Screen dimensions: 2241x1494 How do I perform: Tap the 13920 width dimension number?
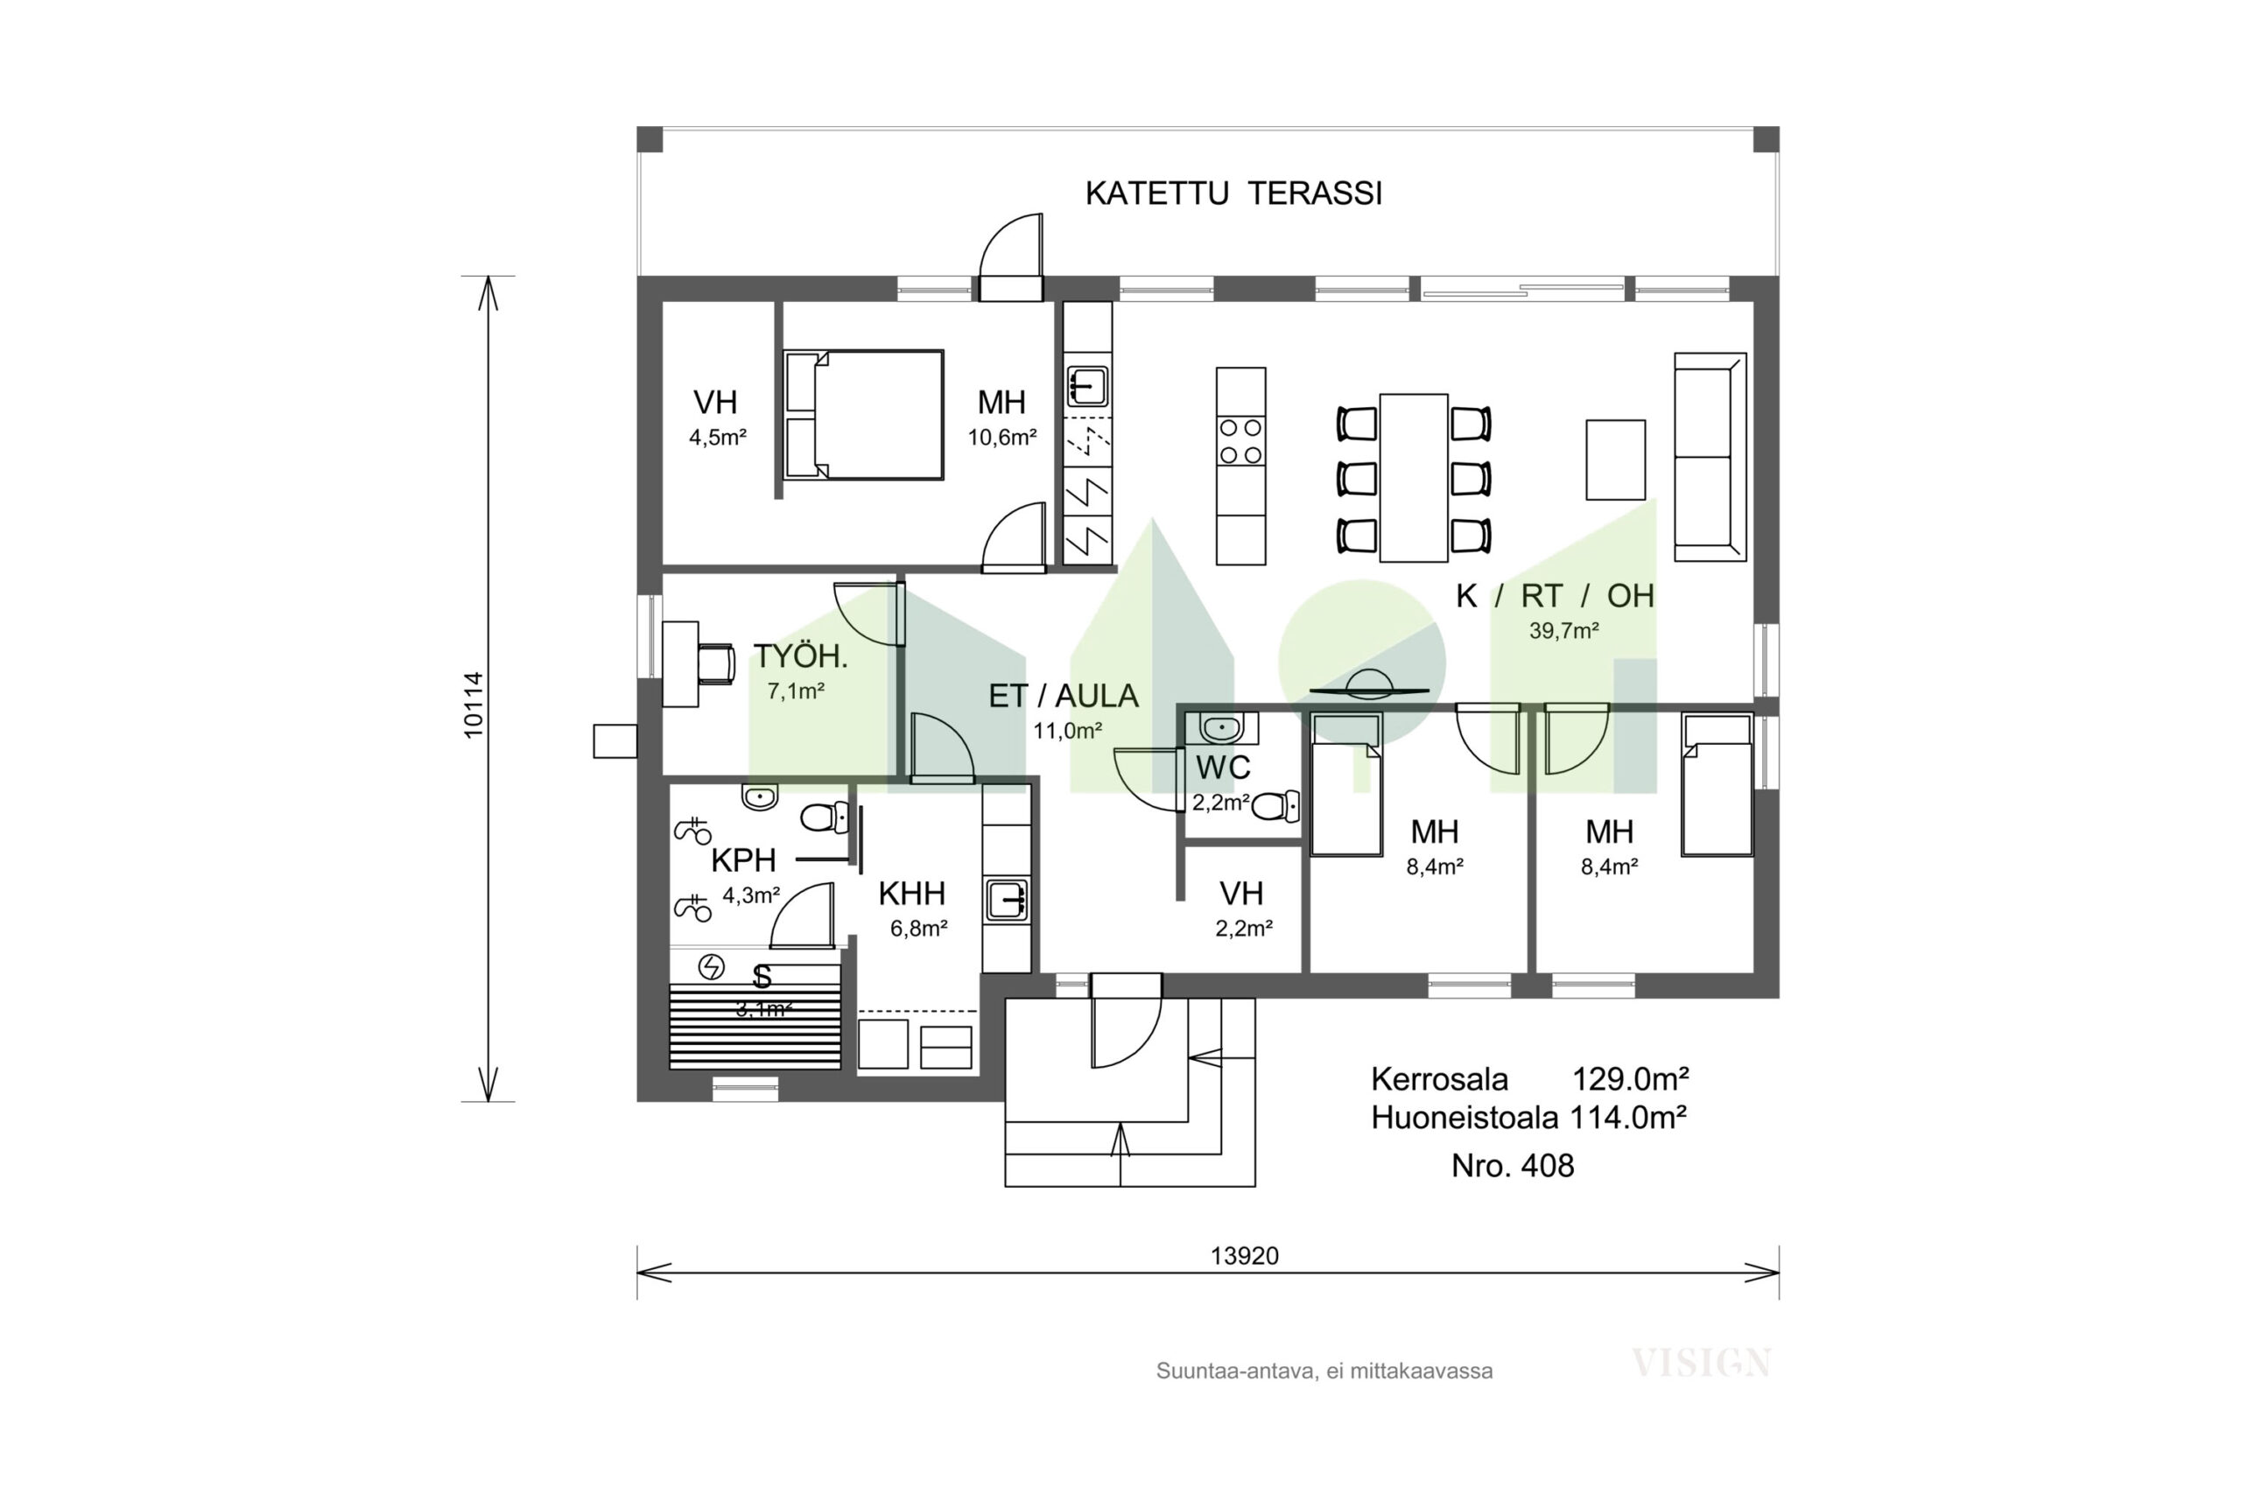click(x=1244, y=1256)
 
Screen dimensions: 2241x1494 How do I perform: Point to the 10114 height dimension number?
click(x=474, y=705)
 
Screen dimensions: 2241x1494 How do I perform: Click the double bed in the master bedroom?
click(x=863, y=415)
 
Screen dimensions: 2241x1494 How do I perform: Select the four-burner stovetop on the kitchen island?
click(x=1241, y=441)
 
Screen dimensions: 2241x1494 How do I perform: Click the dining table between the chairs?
click(x=1413, y=477)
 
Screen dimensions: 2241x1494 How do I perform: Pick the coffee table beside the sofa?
click(x=1615, y=459)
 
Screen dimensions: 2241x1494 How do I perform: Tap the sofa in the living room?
click(x=1711, y=456)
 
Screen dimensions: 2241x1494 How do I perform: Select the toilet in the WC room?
click(x=1275, y=806)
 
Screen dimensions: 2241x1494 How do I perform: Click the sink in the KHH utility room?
click(x=1007, y=901)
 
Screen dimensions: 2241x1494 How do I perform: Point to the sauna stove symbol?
click(x=711, y=967)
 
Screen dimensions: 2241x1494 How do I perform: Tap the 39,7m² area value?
click(x=1563, y=631)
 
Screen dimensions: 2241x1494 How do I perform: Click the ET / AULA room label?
click(x=1064, y=697)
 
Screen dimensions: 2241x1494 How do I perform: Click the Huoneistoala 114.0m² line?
click(x=1528, y=1117)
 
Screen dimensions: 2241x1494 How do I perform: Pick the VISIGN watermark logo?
click(x=1701, y=1363)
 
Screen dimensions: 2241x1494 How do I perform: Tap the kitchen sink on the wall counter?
click(x=1087, y=386)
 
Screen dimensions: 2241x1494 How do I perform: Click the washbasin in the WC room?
click(x=1221, y=729)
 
